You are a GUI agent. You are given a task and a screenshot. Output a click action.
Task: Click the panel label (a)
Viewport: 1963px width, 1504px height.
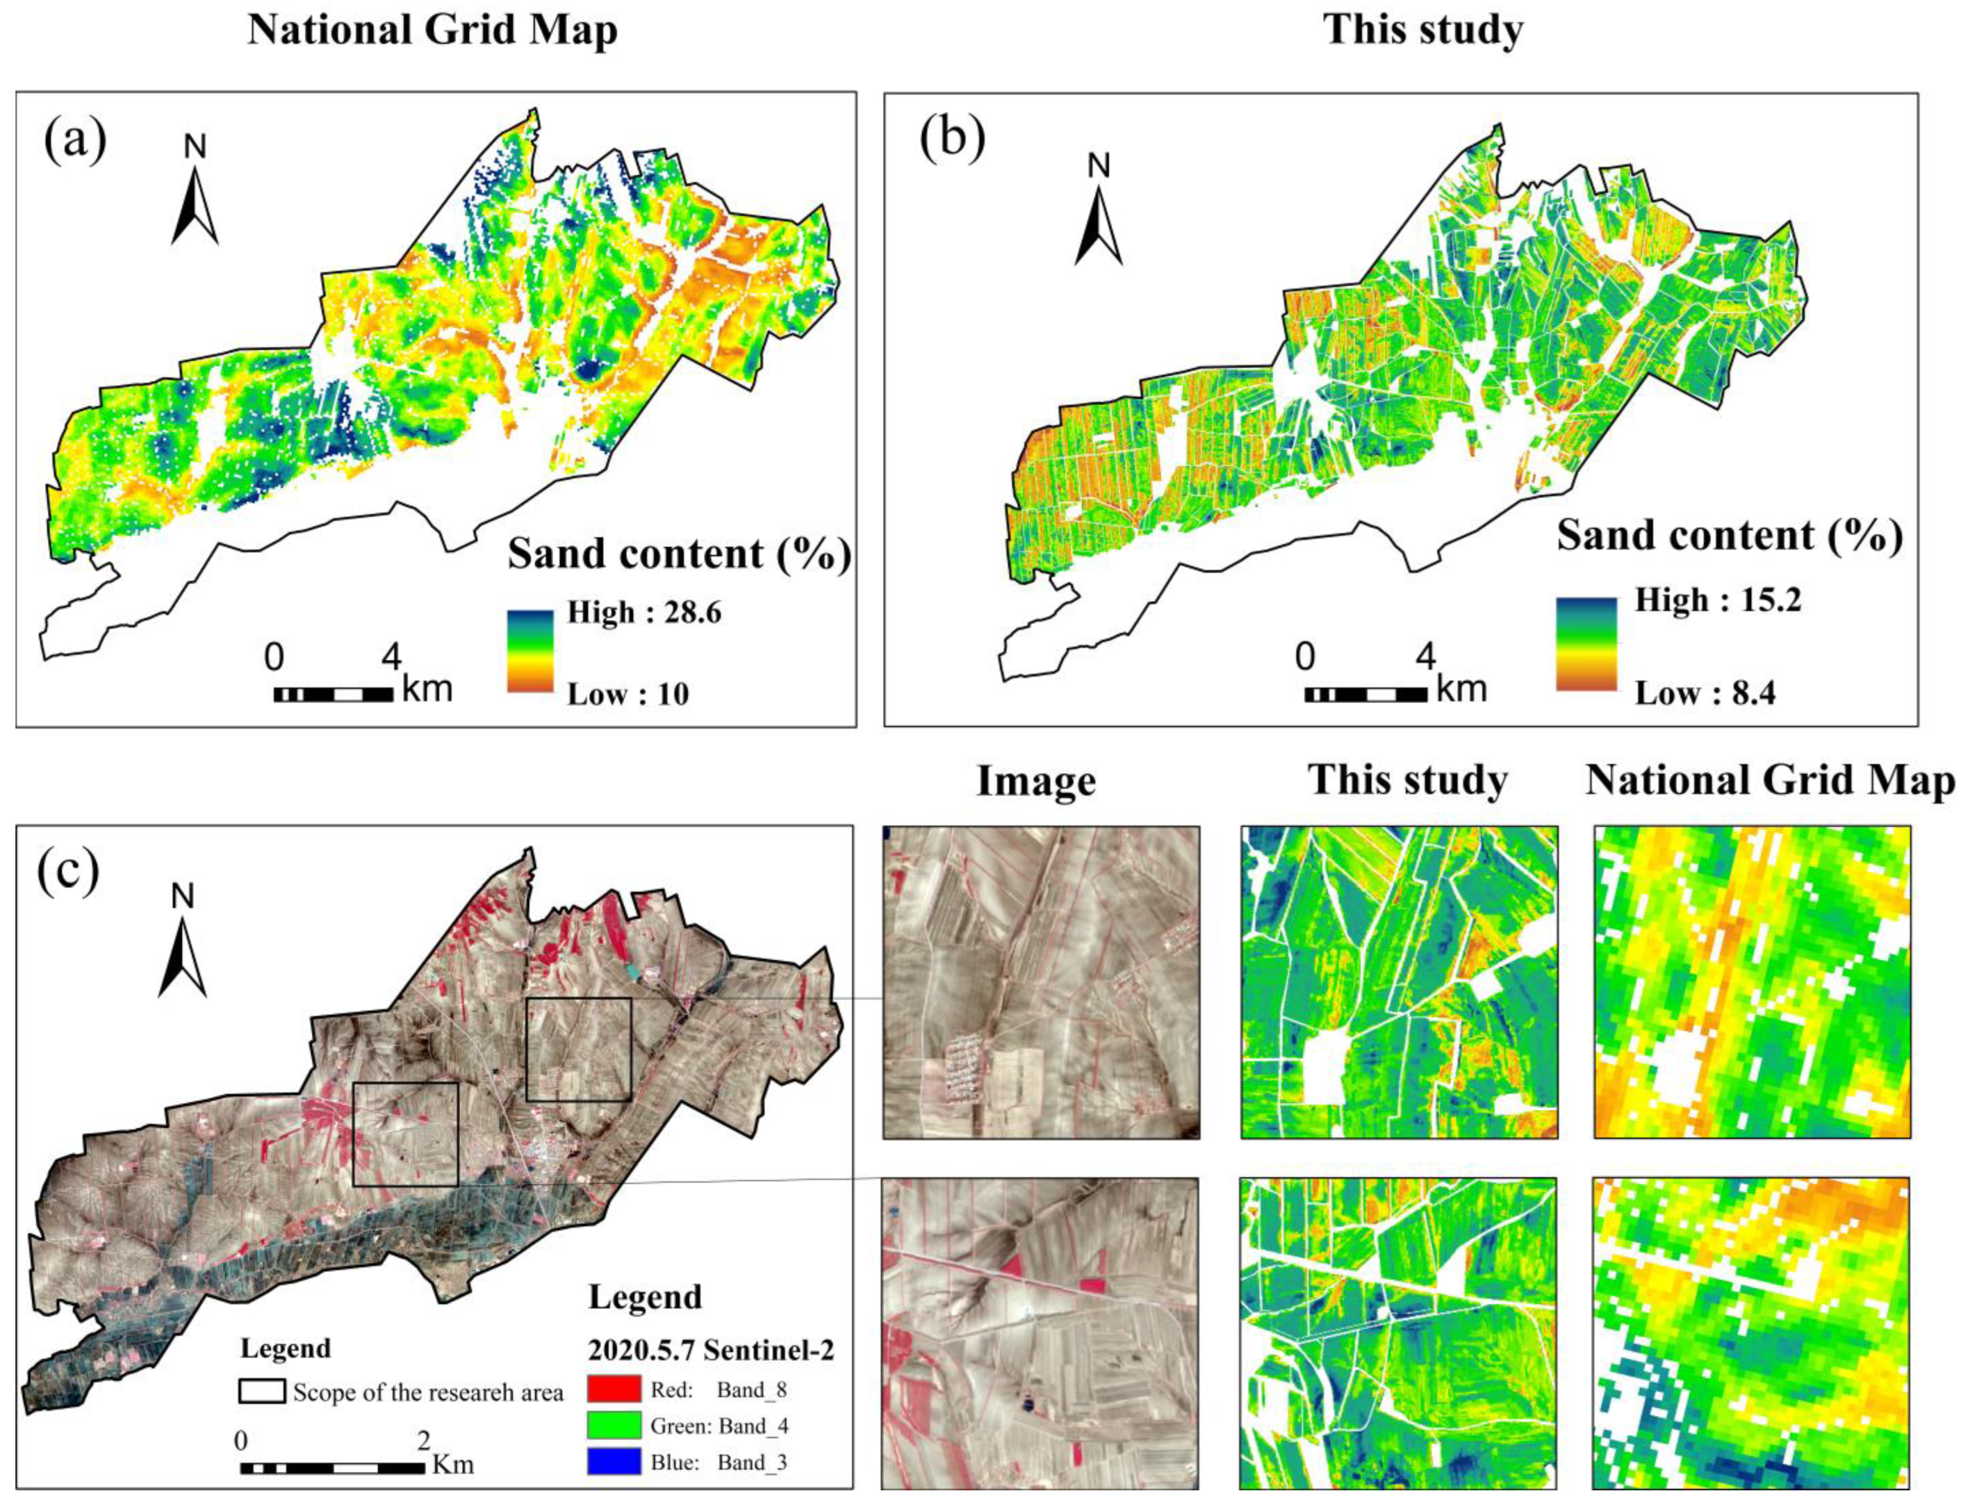tap(75, 141)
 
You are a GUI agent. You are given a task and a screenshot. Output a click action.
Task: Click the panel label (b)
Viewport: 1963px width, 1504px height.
tap(952, 141)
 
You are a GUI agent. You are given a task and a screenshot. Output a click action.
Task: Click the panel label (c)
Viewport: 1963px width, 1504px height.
tap(68, 872)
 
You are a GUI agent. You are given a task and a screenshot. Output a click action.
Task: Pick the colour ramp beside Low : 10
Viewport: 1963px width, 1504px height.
tap(530, 651)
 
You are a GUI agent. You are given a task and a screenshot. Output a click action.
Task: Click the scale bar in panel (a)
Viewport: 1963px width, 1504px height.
tap(333, 694)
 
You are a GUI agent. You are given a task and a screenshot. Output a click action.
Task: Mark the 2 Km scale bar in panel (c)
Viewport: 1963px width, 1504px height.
tap(332, 1468)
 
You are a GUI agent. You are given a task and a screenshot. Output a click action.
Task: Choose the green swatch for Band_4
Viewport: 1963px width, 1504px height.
tap(614, 1425)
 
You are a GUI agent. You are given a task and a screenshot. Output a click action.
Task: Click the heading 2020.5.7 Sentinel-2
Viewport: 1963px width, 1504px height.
tap(710, 1349)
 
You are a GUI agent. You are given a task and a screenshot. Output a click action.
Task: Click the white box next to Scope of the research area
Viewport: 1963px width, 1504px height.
tap(262, 1391)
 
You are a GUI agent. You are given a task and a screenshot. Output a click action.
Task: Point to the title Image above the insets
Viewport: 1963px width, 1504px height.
tap(1036, 781)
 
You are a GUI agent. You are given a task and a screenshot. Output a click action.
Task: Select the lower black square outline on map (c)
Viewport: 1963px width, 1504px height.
tap(406, 1134)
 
